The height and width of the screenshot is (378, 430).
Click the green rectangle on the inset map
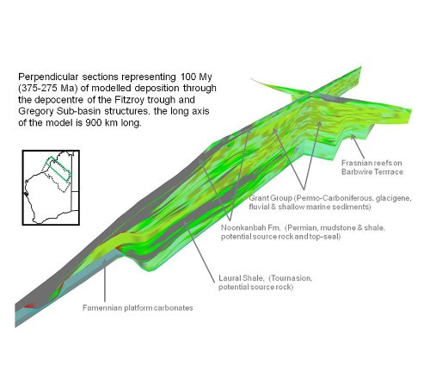coord(58,169)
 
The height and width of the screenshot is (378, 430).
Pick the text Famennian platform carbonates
coord(138,308)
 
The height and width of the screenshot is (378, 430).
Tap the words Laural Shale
coord(241,278)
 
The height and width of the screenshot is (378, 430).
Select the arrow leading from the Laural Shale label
coord(200,251)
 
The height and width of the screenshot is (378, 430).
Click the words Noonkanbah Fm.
coord(250,227)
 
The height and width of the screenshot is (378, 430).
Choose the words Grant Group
coord(271,198)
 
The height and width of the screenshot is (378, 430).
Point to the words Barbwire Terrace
coord(372,171)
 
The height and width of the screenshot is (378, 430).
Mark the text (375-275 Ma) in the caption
coord(48,89)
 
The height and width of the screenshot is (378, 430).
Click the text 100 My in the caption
coord(196,77)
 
